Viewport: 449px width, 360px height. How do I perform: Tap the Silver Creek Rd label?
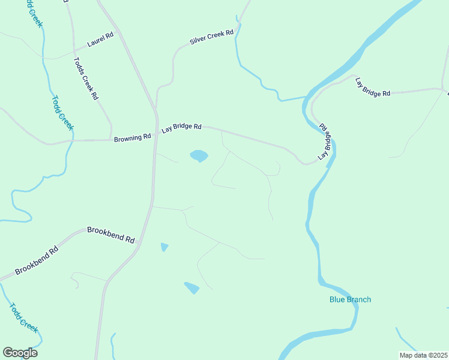pos(211,37)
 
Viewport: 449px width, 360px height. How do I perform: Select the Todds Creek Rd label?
pos(85,78)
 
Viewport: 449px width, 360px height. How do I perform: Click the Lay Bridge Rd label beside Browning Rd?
pos(181,128)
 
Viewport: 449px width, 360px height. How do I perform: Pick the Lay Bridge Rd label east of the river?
pos(372,87)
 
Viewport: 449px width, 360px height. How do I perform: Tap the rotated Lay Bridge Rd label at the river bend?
pos(325,142)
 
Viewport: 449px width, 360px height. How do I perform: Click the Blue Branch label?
pos(350,299)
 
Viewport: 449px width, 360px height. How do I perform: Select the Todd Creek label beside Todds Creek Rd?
pos(62,113)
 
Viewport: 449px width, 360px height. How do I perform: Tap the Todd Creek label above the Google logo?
pos(23,317)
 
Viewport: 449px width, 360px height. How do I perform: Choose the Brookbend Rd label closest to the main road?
pos(111,234)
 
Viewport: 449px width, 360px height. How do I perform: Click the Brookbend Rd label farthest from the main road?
pos(37,260)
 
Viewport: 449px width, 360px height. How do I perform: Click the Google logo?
pos(20,353)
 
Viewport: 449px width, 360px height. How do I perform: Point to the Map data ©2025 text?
pos(423,355)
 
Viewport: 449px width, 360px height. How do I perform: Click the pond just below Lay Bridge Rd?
pos(199,156)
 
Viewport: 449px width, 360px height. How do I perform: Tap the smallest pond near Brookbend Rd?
pos(164,247)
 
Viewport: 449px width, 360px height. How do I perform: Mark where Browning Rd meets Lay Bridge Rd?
pos(155,134)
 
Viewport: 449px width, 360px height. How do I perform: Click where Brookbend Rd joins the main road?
pos(139,243)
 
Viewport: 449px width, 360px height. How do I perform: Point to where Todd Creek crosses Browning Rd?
pos(73,140)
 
